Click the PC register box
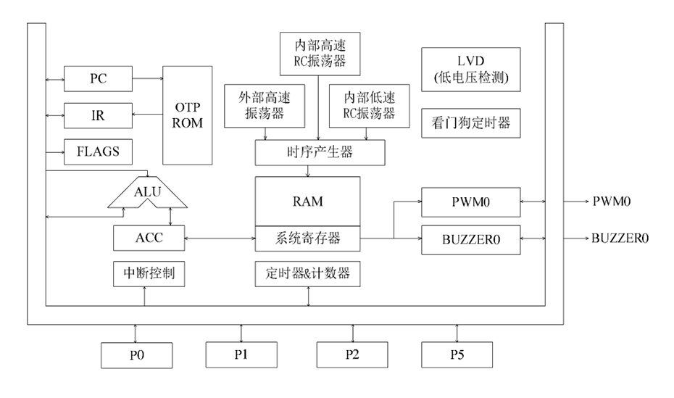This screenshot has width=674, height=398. point(99,79)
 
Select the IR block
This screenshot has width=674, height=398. point(99,115)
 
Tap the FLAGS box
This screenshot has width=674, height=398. point(99,152)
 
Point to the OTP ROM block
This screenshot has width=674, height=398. point(188,115)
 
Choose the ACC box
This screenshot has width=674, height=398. point(148,238)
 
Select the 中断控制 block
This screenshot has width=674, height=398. point(148,273)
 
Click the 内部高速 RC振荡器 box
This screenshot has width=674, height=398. point(320,52)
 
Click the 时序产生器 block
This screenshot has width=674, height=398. point(320,152)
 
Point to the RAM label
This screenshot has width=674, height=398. point(307,201)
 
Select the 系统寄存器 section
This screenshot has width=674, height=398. point(307,237)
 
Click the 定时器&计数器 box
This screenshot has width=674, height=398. point(307,273)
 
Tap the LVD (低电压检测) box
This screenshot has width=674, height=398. point(470,70)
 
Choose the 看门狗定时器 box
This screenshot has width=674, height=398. point(470,123)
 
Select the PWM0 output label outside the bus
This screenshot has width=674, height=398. point(612,202)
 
